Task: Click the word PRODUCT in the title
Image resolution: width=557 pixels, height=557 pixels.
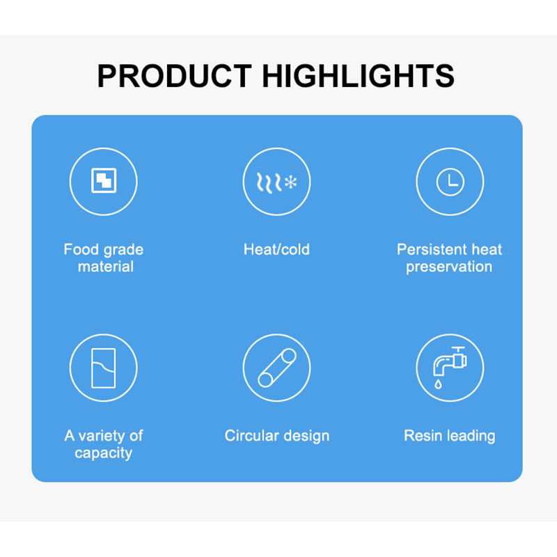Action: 175,76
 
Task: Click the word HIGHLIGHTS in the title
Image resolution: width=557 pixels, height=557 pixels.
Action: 358,76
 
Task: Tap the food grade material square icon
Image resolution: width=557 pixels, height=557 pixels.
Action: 104,180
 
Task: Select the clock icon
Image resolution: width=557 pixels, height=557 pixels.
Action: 450,182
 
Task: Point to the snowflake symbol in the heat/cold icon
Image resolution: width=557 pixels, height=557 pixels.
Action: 291,182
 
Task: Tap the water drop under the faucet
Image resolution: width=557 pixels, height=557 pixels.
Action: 438,384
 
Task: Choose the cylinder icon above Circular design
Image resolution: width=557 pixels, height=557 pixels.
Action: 276,368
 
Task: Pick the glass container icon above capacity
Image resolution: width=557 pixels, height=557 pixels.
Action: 103,368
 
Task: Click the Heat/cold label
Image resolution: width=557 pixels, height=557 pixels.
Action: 276,249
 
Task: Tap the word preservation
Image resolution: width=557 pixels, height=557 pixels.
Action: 449,267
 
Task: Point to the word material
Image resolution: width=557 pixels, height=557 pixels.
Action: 106,267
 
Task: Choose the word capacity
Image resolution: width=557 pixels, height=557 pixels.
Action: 103,453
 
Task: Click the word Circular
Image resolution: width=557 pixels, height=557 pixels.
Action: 251,436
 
